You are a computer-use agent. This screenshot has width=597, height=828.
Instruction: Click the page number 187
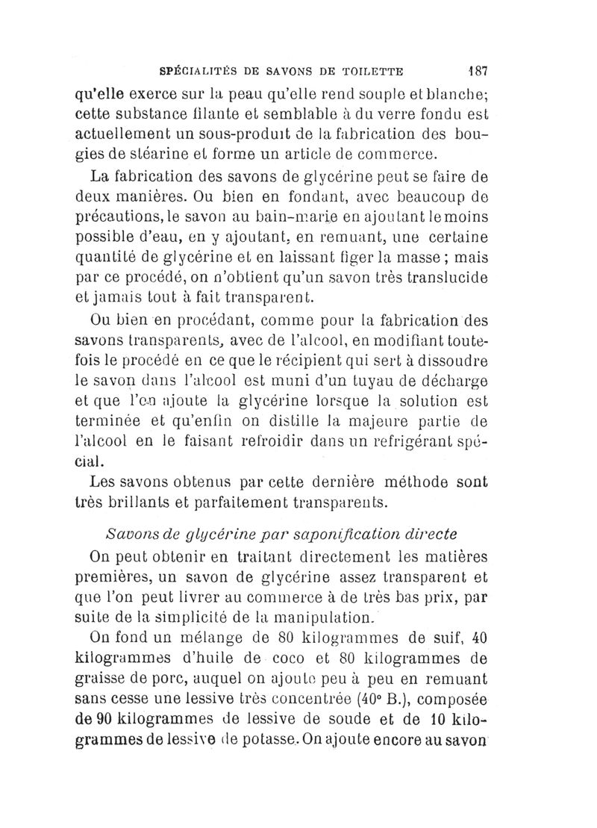[x=476, y=72]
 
